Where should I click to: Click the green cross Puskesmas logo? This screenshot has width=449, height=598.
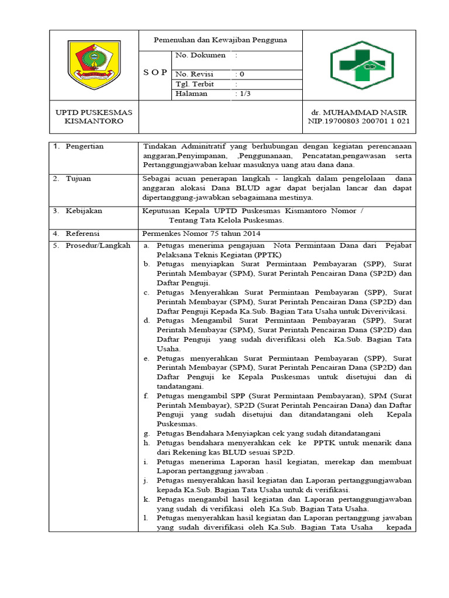coord(362,65)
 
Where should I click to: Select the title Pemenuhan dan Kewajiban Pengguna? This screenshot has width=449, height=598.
coord(220,40)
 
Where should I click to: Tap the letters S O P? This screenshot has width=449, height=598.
coord(155,73)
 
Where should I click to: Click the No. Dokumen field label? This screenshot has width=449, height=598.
coord(201,55)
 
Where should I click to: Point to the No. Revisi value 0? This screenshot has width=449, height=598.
coord(240,74)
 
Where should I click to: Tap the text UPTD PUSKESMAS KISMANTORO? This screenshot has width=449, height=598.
coord(94,116)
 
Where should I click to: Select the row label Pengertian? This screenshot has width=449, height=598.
coord(85,146)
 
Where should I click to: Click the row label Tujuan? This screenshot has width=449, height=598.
coord(78,179)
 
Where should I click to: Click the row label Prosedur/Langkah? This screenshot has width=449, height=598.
coord(98,245)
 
